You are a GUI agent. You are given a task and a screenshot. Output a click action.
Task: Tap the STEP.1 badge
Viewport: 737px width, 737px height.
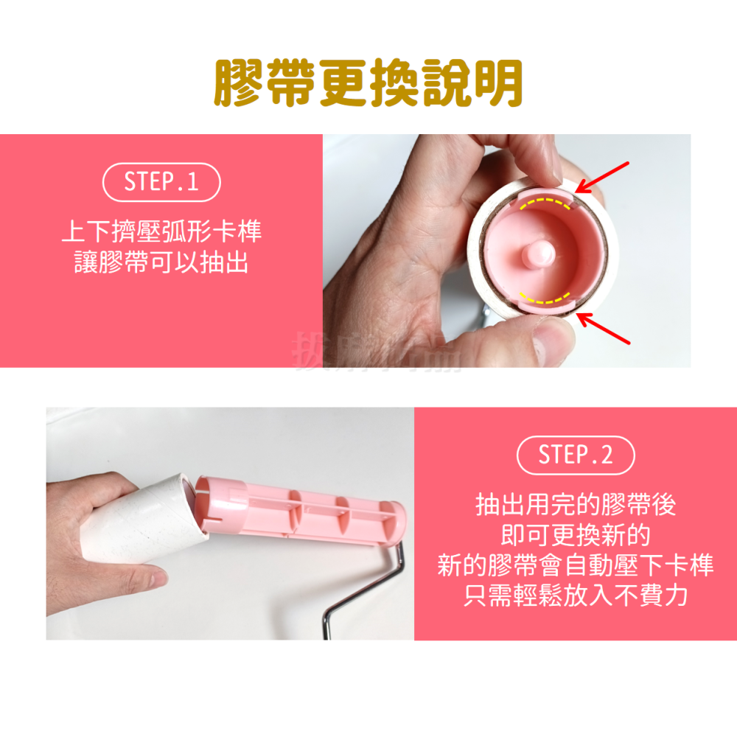pos(161,182)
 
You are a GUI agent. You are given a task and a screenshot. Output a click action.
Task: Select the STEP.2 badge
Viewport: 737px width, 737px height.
pos(576,455)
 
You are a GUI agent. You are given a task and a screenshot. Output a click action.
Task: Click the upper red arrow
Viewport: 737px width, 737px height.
pos(602,177)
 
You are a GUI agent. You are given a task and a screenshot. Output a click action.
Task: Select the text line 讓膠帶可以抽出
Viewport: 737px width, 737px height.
pos(161,262)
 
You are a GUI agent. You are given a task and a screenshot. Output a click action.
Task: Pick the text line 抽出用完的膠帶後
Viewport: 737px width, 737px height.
pos(576,506)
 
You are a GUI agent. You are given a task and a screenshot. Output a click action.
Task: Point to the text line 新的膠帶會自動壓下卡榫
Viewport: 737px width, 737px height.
pos(576,565)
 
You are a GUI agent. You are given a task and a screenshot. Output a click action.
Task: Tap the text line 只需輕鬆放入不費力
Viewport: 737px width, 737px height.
pos(576,595)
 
